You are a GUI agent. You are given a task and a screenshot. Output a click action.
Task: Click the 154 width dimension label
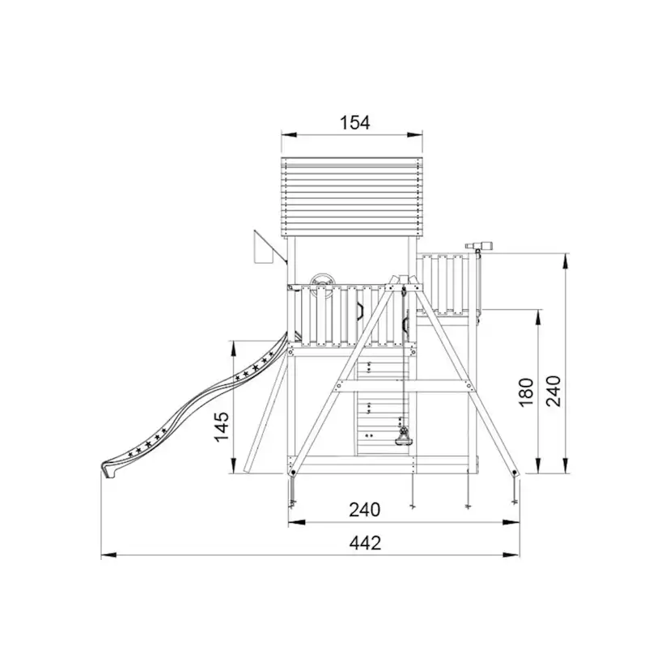click(x=354, y=123)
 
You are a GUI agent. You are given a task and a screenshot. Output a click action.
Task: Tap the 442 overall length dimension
click(x=365, y=543)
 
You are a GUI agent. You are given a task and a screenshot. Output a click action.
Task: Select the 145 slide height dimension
click(x=222, y=427)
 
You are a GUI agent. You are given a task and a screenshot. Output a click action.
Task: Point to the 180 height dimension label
click(x=526, y=392)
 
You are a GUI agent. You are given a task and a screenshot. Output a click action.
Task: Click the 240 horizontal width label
click(x=364, y=510)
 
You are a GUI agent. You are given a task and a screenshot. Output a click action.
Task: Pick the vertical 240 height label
click(x=553, y=391)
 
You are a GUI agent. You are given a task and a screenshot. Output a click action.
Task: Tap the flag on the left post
click(x=264, y=247)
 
